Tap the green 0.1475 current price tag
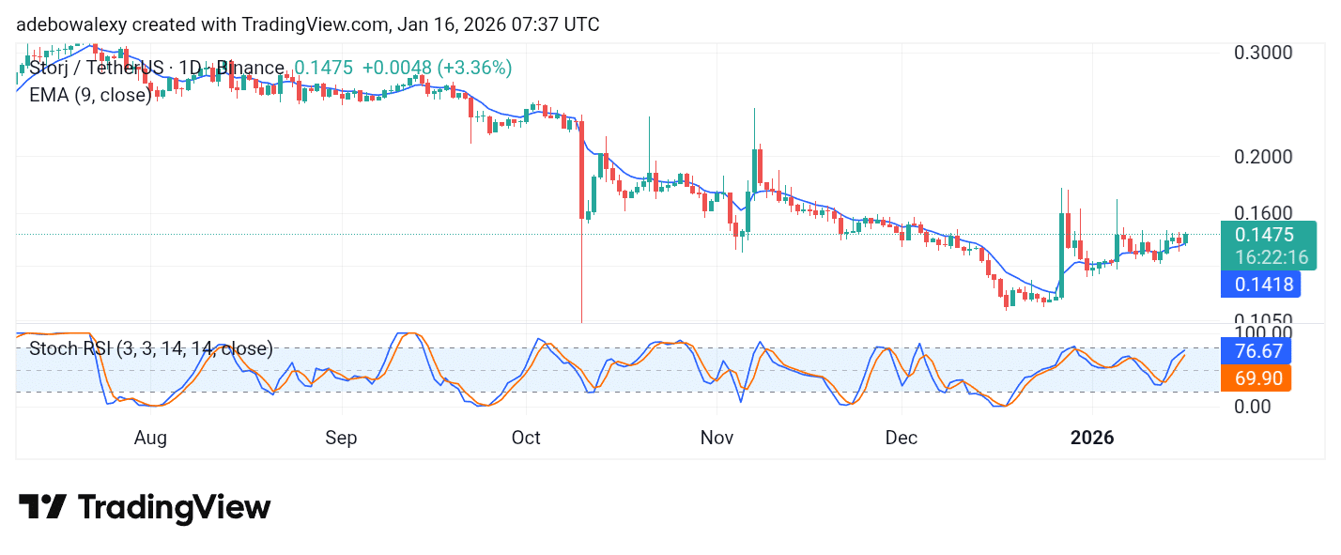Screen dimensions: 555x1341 (x=1264, y=235)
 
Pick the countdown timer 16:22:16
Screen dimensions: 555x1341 (x=1264, y=257)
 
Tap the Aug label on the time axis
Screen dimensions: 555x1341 (x=150, y=438)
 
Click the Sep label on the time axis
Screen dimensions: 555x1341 (x=341, y=438)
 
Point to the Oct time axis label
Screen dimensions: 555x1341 (x=527, y=438)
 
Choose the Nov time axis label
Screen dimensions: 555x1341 (x=717, y=438)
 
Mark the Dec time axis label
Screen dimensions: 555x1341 (x=902, y=438)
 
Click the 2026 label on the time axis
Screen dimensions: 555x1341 (x=1093, y=438)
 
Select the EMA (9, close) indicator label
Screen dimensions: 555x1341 (x=90, y=95)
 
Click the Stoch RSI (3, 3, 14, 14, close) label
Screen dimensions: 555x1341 (x=151, y=349)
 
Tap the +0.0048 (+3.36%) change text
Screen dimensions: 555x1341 (x=437, y=68)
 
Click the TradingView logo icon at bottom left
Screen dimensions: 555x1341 (x=42, y=508)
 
